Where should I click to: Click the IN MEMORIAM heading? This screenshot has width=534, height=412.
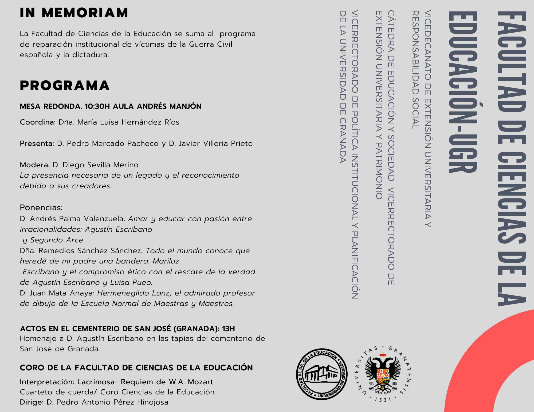coord(74,13)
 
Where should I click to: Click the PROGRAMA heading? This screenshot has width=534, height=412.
coord(65,86)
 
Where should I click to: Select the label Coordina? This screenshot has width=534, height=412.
coord(38,122)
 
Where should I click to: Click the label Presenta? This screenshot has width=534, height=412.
coord(37,143)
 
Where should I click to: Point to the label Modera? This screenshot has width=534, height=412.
coord(35,165)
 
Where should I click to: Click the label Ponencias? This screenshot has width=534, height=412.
coord(41,207)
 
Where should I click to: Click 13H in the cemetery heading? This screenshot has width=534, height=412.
coord(228,329)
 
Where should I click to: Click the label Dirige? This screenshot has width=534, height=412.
coord(32,402)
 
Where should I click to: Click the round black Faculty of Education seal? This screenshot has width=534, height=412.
coord(322,374)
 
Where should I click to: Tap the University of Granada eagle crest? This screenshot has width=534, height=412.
coord(383,373)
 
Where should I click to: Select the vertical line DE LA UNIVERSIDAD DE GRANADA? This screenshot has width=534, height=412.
coord(343,87)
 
